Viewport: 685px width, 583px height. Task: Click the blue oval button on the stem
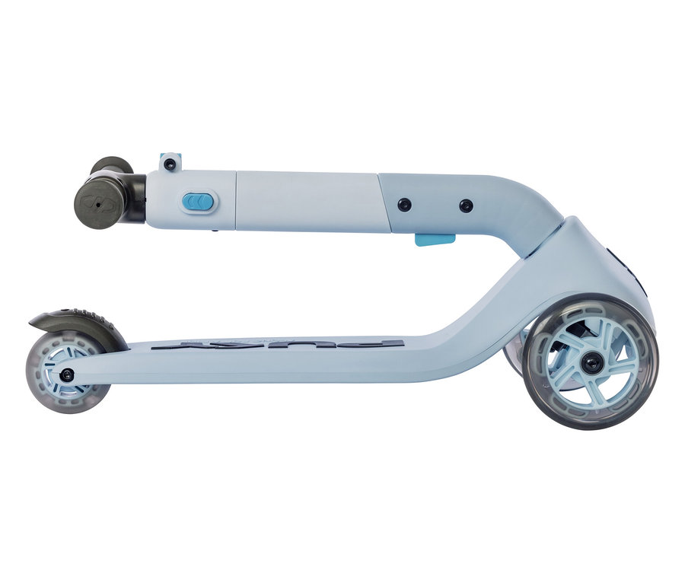point(199,202)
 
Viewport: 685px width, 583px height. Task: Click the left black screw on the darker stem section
point(404,204)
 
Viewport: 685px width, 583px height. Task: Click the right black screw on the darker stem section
point(466,205)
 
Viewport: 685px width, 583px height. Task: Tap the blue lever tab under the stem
point(435,240)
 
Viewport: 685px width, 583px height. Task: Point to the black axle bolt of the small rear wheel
point(68,374)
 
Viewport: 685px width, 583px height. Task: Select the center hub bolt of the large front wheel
point(591,363)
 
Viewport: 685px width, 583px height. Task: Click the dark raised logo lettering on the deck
point(278,345)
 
